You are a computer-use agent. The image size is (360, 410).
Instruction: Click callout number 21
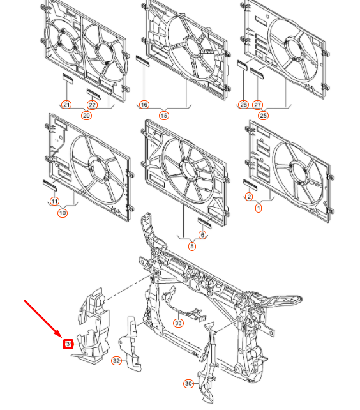tap(66, 105)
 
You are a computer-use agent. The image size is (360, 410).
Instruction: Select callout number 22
tap(93, 105)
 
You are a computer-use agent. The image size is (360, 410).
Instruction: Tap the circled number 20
tap(86, 115)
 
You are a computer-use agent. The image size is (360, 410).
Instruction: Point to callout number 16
tap(144, 105)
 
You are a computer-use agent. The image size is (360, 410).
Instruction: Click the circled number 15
tap(164, 115)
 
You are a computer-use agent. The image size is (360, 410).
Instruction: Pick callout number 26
tap(243, 105)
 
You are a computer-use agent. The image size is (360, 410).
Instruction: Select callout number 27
tap(258, 105)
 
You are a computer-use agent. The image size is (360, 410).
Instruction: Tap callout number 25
tap(264, 115)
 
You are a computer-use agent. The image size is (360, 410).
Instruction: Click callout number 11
tap(54, 202)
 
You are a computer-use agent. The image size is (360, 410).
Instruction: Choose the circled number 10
tap(63, 213)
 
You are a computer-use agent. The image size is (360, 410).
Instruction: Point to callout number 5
tap(191, 245)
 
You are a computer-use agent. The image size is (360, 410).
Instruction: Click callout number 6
tap(203, 234)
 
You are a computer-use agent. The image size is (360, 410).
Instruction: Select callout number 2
tap(249, 197)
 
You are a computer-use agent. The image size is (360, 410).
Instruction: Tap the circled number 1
tap(259, 208)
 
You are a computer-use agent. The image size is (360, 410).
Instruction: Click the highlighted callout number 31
tap(68, 345)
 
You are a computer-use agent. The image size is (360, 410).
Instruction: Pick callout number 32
tap(116, 361)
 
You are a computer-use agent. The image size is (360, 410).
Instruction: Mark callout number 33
tap(178, 323)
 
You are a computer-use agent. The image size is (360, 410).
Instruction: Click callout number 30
tap(188, 383)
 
